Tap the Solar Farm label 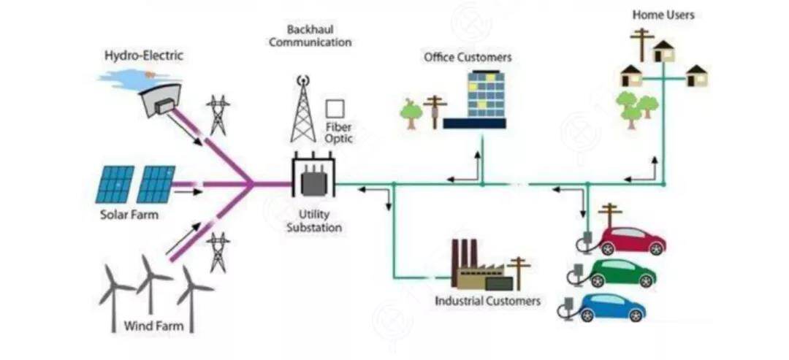(x=129, y=215)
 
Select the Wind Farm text (x=153, y=325)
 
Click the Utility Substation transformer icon (x=313, y=176)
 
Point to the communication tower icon (x=302, y=110)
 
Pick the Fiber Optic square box (x=335, y=109)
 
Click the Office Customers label (x=468, y=57)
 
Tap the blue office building (x=485, y=95)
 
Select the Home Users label (x=663, y=15)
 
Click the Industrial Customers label (x=487, y=301)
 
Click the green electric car (x=622, y=274)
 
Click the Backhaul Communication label (x=310, y=36)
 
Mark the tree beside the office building (x=411, y=112)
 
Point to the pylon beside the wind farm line (x=218, y=252)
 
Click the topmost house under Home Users (x=663, y=52)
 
